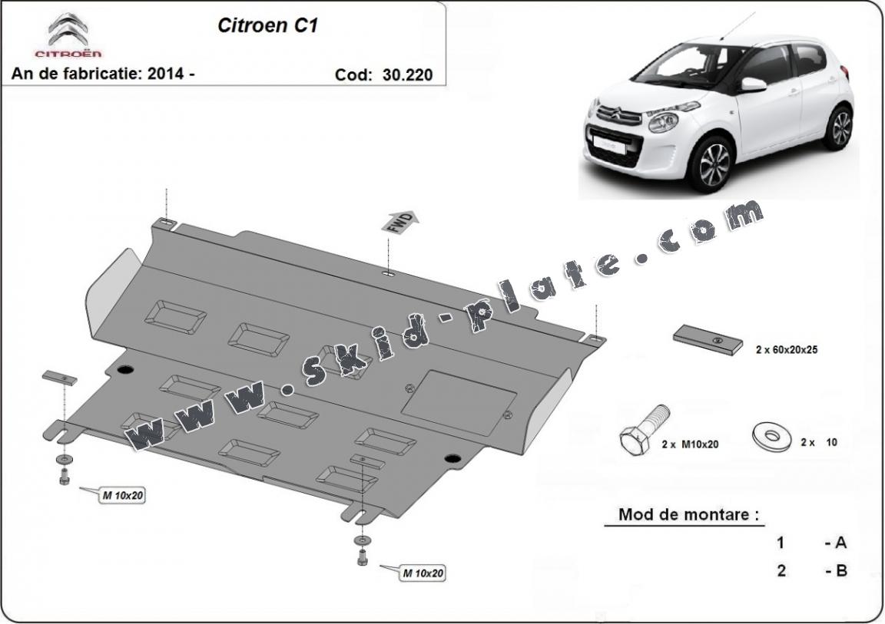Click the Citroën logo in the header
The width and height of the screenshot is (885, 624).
click(x=68, y=34)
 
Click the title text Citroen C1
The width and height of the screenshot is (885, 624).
click(x=268, y=25)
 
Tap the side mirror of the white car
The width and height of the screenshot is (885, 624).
click(x=754, y=84)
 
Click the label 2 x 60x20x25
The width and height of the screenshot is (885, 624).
click(x=786, y=349)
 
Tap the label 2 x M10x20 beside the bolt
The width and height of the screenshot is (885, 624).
click(x=689, y=444)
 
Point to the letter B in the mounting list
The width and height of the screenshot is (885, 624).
click(x=840, y=571)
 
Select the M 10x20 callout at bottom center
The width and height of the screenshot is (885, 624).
click(x=423, y=573)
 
